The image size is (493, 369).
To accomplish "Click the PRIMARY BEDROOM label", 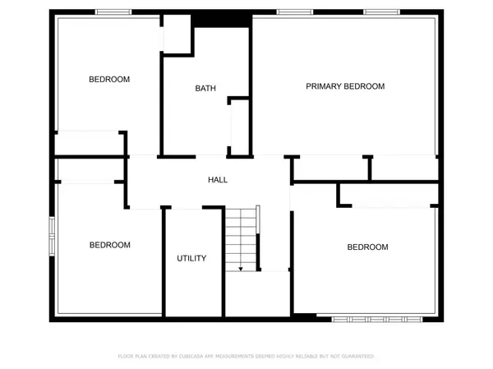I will [345, 86].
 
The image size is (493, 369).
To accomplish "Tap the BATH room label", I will [205, 89].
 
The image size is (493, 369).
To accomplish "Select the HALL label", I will [218, 179].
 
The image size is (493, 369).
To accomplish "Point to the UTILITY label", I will [191, 259].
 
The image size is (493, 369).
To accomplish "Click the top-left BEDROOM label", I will [109, 80].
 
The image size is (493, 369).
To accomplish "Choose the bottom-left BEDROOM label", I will [109, 245].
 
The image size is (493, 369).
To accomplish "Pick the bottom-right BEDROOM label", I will [367, 247].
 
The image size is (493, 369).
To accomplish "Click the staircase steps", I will [242, 238].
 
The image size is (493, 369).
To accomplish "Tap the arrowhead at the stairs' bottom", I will [241, 268].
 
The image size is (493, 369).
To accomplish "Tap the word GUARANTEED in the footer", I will [353, 357].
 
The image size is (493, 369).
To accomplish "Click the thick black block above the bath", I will [220, 21].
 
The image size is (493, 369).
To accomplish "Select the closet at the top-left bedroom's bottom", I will [89, 143].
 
